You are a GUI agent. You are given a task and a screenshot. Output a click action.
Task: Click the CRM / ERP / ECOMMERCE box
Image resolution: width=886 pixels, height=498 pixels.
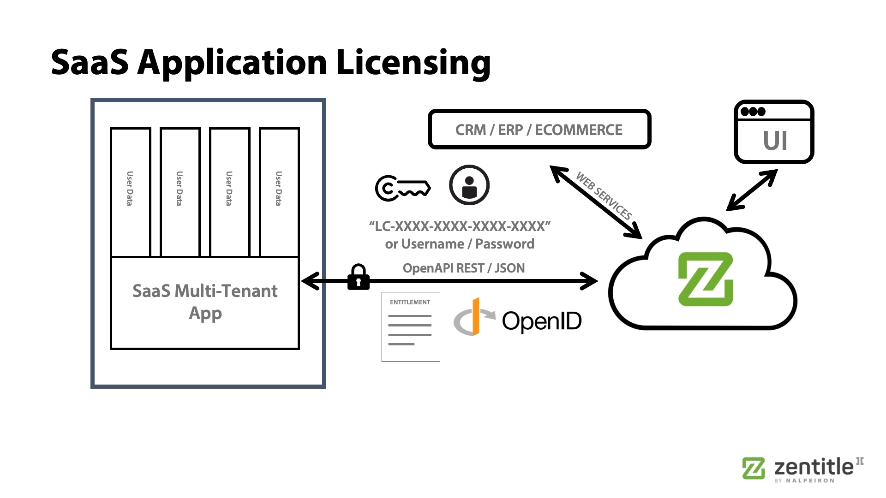(539, 130)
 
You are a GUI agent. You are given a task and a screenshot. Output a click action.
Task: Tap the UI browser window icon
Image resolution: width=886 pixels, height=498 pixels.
(774, 132)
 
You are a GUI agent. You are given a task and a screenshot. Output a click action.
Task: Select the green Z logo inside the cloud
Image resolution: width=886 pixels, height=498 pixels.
(705, 279)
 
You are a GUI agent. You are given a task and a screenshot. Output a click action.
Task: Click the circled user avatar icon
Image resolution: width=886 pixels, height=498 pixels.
(469, 185)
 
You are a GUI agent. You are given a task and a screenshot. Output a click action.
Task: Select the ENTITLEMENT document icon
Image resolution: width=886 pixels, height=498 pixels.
(411, 326)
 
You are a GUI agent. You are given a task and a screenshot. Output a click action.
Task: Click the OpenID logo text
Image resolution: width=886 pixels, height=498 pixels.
(541, 321)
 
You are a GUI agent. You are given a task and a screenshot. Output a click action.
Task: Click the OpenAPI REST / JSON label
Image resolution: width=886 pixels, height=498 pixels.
(464, 268)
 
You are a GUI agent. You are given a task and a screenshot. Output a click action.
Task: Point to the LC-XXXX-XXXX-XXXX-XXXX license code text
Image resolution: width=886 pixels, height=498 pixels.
(460, 226)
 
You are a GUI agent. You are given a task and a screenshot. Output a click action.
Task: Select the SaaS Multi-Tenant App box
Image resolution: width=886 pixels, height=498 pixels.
(205, 302)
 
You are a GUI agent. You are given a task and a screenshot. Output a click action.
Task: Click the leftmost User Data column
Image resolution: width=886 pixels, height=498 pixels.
(131, 191)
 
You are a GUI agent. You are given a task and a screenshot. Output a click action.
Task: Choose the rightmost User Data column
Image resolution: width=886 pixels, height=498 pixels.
(279, 191)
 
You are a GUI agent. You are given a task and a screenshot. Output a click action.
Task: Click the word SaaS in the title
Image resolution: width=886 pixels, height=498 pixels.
(90, 63)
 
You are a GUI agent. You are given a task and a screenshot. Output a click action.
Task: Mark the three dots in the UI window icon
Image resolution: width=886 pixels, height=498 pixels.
(753, 112)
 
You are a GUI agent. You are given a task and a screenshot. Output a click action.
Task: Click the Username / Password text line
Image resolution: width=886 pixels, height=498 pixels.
(460, 244)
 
